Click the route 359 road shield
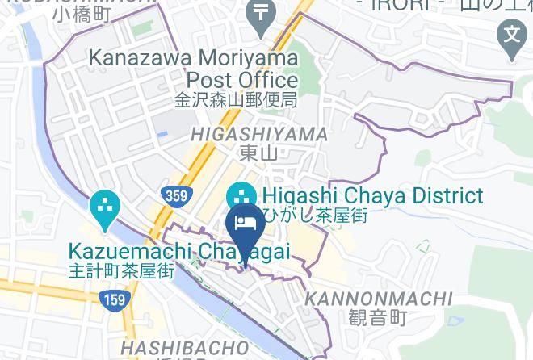[176, 195]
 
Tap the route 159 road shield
[114, 300]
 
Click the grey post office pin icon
[262, 15]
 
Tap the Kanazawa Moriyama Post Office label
[193, 69]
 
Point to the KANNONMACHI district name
[378, 299]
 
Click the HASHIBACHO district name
[183, 347]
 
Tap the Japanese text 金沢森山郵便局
[237, 101]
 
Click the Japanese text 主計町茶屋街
[122, 271]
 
